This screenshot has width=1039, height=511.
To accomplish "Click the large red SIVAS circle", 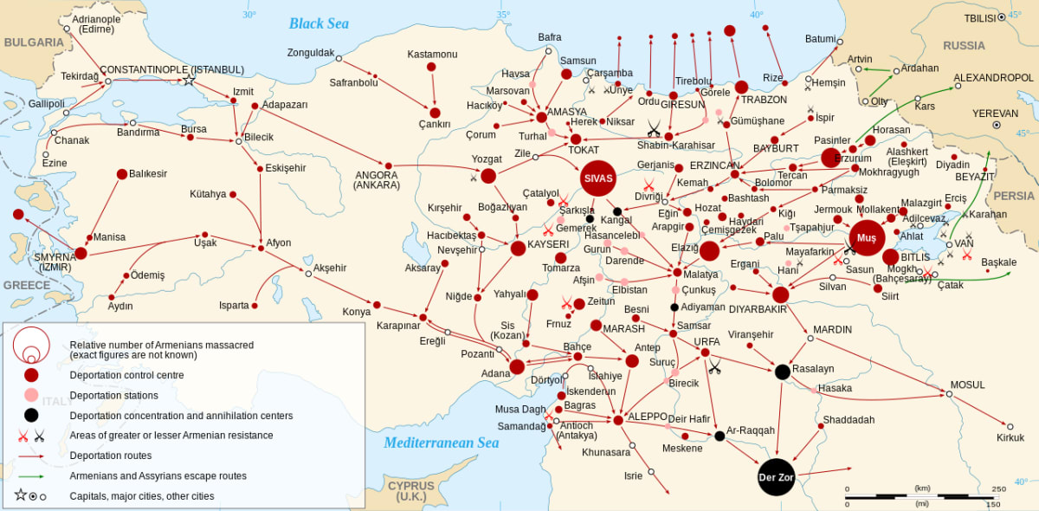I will tap(598, 178).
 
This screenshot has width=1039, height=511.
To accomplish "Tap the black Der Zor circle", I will tap(776, 478).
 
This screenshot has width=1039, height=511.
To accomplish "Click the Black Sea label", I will tap(319, 23).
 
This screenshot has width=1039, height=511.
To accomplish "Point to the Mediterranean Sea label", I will tap(442, 443).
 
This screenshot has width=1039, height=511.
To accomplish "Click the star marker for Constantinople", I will tap(189, 81).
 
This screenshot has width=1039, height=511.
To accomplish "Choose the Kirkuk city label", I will tap(1009, 437).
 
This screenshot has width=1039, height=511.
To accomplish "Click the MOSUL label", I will tap(967, 385).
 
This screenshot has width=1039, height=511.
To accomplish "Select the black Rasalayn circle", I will tap(782, 372).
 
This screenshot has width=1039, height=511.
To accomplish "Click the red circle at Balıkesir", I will tap(122, 174).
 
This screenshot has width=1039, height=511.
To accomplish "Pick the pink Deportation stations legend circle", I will tap(31, 395).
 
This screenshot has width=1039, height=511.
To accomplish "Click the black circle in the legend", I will tap(31, 415).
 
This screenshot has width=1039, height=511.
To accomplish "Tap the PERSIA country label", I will tap(1013, 196).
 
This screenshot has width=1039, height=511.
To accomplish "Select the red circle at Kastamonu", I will tap(435, 113).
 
